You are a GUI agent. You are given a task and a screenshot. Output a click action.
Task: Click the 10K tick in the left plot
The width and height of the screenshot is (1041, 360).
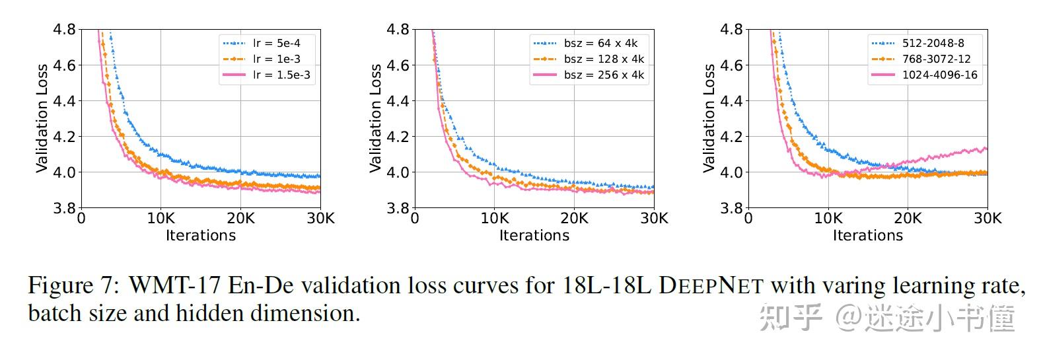161,219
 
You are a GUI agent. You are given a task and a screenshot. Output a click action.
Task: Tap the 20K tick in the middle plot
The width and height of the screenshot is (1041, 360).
575,219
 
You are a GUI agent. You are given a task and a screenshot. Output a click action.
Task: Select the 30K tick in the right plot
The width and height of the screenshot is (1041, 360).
987,219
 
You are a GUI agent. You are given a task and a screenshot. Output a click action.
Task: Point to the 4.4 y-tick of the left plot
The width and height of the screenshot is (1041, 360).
64,101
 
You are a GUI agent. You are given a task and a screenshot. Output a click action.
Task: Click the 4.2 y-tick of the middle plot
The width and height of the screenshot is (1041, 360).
398,137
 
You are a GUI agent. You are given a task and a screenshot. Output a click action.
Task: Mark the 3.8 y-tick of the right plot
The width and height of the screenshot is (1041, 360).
731,208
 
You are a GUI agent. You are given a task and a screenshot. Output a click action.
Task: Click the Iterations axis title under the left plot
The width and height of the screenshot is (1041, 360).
201,236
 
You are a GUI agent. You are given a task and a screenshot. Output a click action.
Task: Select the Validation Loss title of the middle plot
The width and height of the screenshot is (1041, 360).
376,119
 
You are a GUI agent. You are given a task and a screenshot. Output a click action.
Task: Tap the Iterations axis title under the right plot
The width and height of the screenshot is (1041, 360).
867,236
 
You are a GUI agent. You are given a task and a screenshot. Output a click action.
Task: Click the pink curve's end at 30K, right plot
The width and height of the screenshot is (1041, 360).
986,149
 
